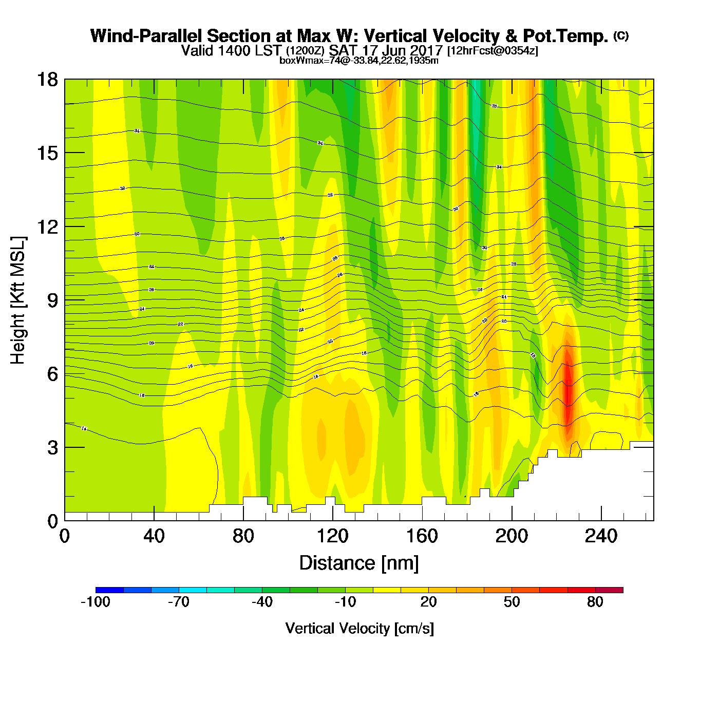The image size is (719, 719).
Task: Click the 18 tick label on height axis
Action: (47, 80)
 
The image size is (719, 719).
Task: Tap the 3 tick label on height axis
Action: (52, 448)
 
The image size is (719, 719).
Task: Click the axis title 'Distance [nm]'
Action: (359, 563)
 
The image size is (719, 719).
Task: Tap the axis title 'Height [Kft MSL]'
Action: (18, 300)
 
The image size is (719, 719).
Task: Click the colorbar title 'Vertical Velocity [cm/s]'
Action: (359, 628)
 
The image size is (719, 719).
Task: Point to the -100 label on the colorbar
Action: (96, 602)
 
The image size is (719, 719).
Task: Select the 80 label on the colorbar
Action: (595, 602)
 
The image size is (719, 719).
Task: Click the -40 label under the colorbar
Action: (262, 602)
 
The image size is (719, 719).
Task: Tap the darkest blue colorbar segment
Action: (109, 590)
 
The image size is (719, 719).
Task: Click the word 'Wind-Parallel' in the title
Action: (146, 36)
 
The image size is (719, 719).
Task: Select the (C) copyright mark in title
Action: (621, 35)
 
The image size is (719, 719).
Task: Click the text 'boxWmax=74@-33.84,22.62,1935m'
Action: (359, 61)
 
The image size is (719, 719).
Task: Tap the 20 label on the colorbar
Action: (428, 602)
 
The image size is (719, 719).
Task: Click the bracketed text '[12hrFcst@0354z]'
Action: (493, 51)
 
